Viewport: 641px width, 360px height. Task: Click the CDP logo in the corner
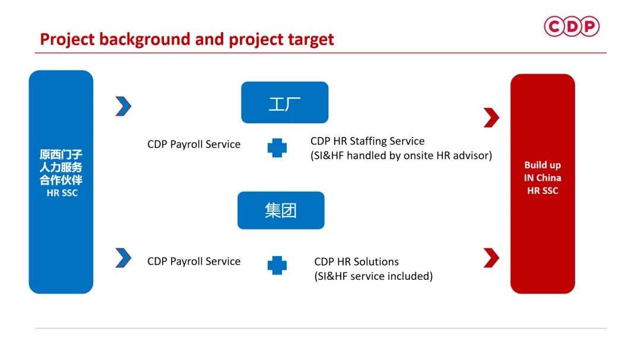click(x=572, y=26)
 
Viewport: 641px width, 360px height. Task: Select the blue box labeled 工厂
click(x=284, y=103)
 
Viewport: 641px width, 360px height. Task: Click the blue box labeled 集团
click(x=281, y=211)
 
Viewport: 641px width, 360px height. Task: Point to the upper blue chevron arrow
click(x=123, y=106)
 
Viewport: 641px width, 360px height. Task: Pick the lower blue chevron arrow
click(x=123, y=258)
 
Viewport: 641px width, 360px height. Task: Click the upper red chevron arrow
click(x=491, y=117)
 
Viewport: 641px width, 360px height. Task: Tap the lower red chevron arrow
click(x=491, y=258)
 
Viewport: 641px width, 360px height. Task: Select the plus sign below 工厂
click(x=277, y=148)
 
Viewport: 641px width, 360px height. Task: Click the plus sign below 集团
click(x=277, y=266)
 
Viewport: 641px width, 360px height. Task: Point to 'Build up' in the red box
click(x=542, y=165)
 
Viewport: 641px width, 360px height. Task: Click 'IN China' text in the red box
click(x=542, y=178)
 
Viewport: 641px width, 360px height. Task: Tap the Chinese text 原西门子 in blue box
click(x=61, y=154)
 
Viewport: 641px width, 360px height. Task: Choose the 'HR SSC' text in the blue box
click(x=62, y=193)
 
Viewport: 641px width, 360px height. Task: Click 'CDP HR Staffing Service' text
click(x=367, y=141)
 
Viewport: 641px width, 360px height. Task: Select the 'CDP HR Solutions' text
click(x=357, y=262)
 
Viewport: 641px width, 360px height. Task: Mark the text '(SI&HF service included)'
click(x=374, y=276)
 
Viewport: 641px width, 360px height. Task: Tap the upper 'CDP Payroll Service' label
click(x=193, y=144)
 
